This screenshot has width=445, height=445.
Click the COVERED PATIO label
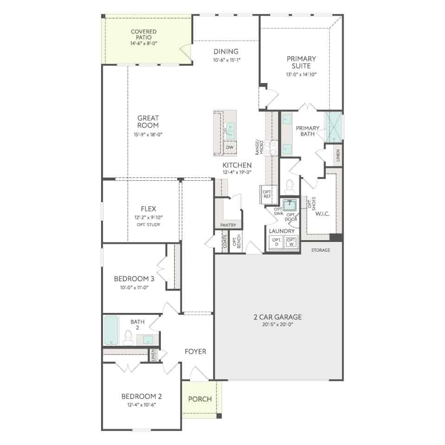pyautogui.click(x=144, y=34)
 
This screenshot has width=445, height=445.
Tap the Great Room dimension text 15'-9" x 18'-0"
pyautogui.click(x=148, y=134)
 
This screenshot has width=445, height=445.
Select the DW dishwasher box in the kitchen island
pyautogui.click(x=230, y=147)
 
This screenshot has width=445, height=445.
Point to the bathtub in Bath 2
pyautogui.click(x=111, y=331)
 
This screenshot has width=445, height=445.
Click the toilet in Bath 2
pyautogui.click(x=128, y=338)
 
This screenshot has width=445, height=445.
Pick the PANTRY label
pyautogui.click(x=228, y=225)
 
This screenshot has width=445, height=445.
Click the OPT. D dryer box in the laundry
pyautogui.click(x=276, y=242)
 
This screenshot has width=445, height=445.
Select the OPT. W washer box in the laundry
pyautogui.click(x=291, y=242)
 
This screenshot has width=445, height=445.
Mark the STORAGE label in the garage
pyautogui.click(x=321, y=250)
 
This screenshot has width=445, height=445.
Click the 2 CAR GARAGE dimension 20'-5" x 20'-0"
pyautogui.click(x=278, y=324)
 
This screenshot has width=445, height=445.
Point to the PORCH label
pyautogui.click(x=200, y=399)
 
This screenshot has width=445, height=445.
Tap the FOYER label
pyautogui.click(x=196, y=351)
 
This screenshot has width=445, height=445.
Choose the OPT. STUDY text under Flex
pyautogui.click(x=148, y=224)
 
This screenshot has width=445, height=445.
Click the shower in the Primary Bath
pyautogui.click(x=333, y=127)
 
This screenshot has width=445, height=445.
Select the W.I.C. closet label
pyautogui.click(x=323, y=214)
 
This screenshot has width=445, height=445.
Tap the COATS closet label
pyautogui.click(x=225, y=241)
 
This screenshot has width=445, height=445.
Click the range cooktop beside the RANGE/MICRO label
pyautogui.click(x=271, y=148)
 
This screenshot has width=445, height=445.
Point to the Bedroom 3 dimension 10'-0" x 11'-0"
pyautogui.click(x=134, y=287)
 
